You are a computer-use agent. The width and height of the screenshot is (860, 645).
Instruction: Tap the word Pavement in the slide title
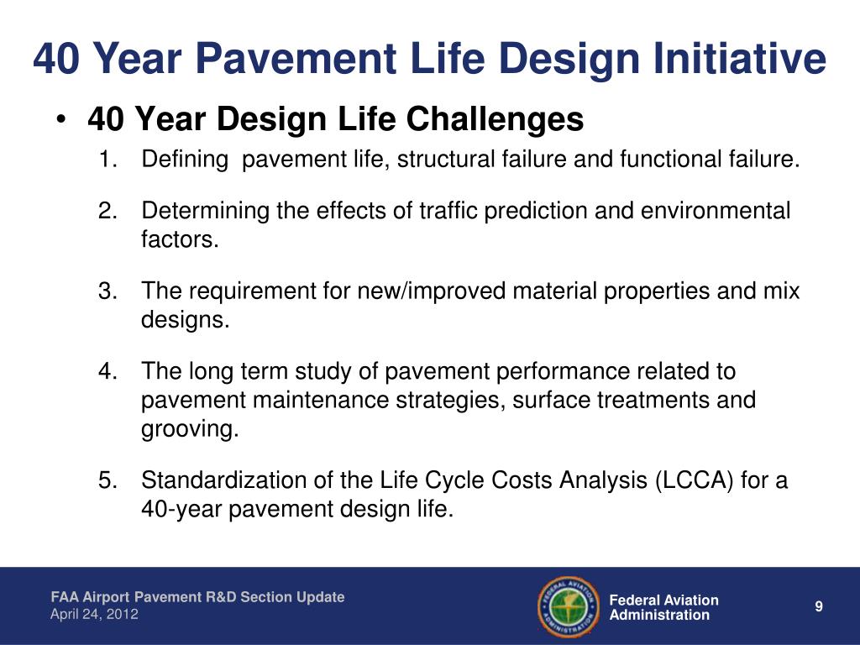(296, 58)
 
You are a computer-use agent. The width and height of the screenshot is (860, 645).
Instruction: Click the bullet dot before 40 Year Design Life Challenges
(61, 119)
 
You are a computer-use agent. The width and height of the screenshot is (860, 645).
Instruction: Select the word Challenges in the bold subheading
(496, 119)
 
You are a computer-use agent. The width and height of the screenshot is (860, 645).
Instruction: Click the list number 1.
(108, 159)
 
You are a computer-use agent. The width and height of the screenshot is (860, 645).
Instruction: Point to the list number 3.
(108, 291)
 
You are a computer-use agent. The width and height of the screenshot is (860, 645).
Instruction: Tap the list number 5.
(108, 480)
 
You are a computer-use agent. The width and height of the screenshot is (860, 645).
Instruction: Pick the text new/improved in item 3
(431, 291)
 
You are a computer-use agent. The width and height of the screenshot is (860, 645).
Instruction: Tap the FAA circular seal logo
(569, 606)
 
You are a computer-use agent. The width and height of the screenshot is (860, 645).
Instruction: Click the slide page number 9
(819, 606)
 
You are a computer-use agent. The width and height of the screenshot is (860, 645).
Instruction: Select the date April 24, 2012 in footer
(94, 614)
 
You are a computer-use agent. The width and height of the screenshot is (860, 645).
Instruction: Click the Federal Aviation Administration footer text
(664, 607)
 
